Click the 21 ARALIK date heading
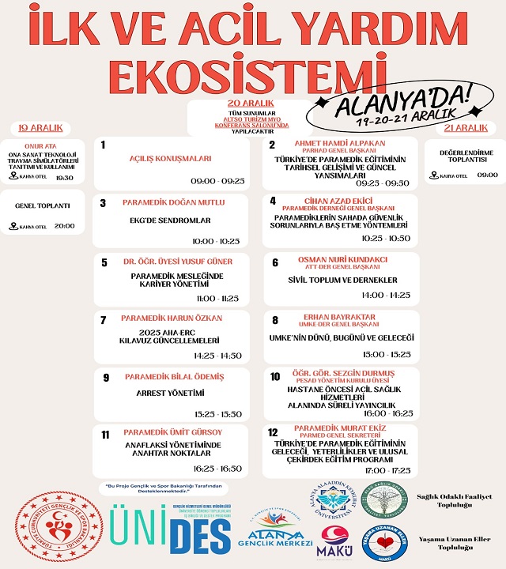(465, 127)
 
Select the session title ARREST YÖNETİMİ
(171, 393)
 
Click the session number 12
(273, 432)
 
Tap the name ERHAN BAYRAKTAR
(340, 316)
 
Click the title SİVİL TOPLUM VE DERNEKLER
(342, 280)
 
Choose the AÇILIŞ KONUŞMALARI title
(171, 158)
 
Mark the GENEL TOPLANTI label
(43, 205)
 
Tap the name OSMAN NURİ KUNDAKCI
(342, 259)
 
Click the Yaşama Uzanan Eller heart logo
(387, 541)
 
